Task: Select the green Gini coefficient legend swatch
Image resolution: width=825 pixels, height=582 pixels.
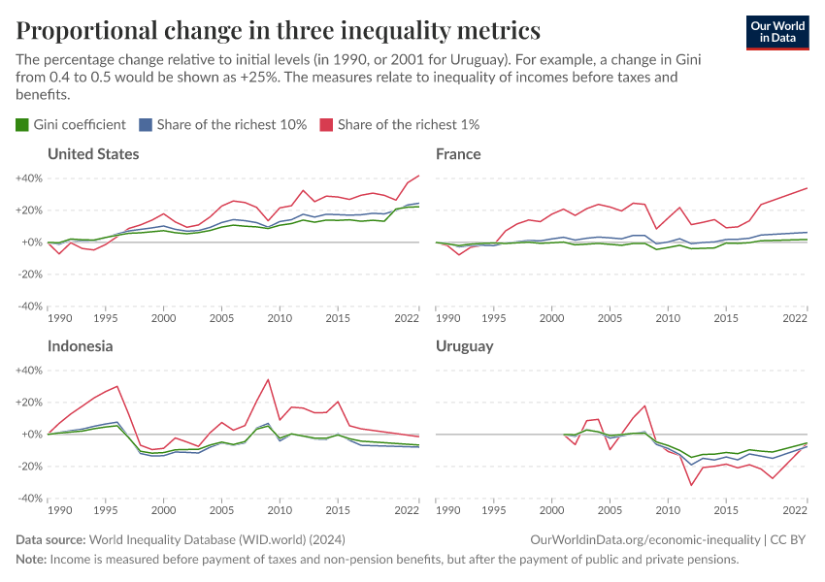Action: click(x=22, y=124)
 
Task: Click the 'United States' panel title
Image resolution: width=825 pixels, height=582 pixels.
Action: click(x=93, y=154)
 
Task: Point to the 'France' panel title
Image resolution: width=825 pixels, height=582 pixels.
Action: click(x=458, y=154)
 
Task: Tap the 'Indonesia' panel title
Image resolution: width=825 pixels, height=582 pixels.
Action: click(x=81, y=346)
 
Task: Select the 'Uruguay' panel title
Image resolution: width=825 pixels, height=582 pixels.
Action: click(x=465, y=346)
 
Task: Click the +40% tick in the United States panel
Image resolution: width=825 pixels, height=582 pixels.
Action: click(x=28, y=178)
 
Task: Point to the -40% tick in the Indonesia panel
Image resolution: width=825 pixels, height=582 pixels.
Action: click(x=28, y=499)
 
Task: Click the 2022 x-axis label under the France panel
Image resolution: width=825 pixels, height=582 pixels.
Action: click(x=794, y=318)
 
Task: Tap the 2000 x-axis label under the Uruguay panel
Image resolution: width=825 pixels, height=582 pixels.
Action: click(x=552, y=510)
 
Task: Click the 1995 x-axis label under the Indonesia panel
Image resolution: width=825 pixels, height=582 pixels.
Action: click(x=106, y=510)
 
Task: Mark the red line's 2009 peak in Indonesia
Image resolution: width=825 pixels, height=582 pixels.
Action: click(x=268, y=379)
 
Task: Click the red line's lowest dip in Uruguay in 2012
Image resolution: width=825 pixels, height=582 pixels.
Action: click(x=691, y=485)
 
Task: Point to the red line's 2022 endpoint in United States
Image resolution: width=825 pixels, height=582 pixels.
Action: click(x=418, y=176)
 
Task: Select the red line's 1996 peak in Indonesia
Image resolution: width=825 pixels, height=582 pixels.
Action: click(x=117, y=386)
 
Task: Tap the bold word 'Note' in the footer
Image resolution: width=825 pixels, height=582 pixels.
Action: click(x=31, y=560)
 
